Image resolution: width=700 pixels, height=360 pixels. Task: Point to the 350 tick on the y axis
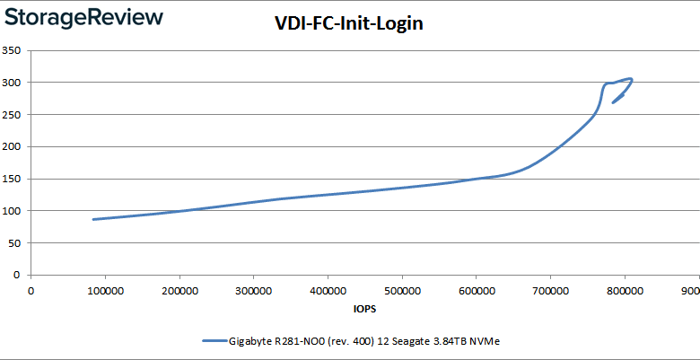[x=12, y=50]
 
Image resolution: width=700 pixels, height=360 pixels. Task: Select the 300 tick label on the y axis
[x=12, y=83]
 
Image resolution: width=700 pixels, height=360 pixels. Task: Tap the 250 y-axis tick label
[x=12, y=115]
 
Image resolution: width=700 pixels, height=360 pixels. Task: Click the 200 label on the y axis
[x=12, y=146]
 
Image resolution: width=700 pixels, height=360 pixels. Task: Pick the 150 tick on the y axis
[x=12, y=179]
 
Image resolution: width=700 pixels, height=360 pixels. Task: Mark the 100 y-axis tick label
[x=12, y=211]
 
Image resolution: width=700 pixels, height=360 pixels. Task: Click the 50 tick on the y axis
[x=14, y=243]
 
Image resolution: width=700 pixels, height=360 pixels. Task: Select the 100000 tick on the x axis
[x=106, y=291]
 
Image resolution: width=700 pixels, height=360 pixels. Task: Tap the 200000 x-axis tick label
[x=180, y=291]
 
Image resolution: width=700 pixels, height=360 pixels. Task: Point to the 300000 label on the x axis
[x=254, y=291]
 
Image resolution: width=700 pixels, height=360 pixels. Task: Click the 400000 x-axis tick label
[x=328, y=291]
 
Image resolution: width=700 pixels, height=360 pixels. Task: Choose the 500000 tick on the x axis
[x=402, y=291]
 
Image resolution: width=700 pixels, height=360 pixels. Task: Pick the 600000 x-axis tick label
[x=477, y=291]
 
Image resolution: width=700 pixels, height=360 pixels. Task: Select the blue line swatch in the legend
[x=215, y=341]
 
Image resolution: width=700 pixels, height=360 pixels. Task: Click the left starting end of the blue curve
[x=93, y=219]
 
